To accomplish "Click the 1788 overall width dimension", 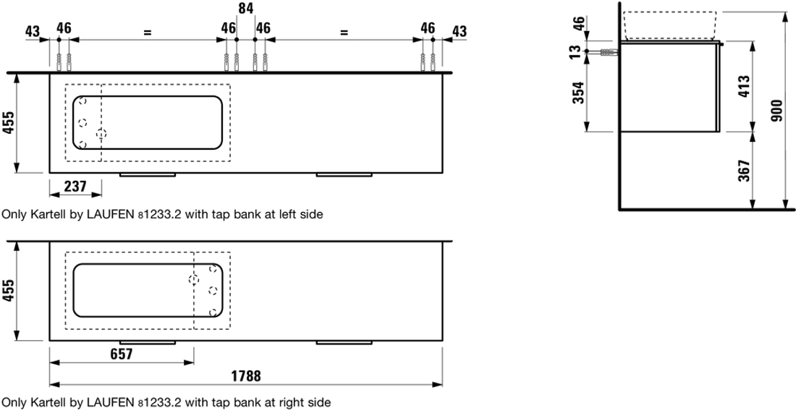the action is click(x=246, y=376).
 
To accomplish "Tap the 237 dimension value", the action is click(x=76, y=187).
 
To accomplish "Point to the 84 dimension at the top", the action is click(x=246, y=8).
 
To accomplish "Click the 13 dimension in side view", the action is click(x=577, y=51).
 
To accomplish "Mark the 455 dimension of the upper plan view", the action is click(x=8, y=123).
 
